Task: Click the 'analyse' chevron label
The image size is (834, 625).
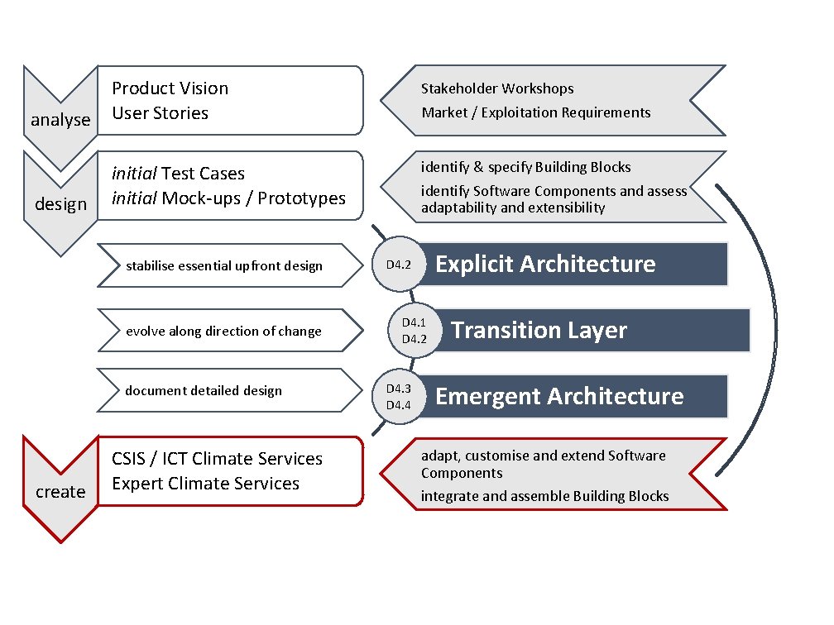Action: pyautogui.click(x=60, y=120)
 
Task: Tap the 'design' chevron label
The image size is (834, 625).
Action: pyautogui.click(x=60, y=204)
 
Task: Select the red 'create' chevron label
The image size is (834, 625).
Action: pyautogui.click(x=60, y=492)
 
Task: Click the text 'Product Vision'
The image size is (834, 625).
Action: pyautogui.click(x=170, y=88)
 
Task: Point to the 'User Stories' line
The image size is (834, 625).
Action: pyautogui.click(x=161, y=113)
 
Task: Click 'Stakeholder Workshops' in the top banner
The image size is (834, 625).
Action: pyautogui.click(x=497, y=88)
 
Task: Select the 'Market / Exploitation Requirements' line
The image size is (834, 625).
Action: pyautogui.click(x=536, y=112)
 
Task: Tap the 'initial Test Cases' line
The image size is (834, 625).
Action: pyautogui.click(x=179, y=174)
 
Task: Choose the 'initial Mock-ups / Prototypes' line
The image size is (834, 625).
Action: pyautogui.click(x=229, y=198)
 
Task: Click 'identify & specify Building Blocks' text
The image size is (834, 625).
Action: pyautogui.click(x=526, y=167)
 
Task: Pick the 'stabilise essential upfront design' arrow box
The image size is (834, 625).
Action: pyautogui.click(x=224, y=265)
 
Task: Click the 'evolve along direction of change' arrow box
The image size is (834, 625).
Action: pyautogui.click(x=223, y=331)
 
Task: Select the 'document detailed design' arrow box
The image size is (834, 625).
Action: pyautogui.click(x=204, y=390)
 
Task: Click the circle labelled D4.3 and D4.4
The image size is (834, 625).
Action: pyautogui.click(x=398, y=397)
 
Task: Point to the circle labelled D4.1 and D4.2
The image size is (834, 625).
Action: pyautogui.click(x=413, y=331)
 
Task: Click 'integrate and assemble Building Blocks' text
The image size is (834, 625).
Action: pyautogui.click(x=545, y=496)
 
